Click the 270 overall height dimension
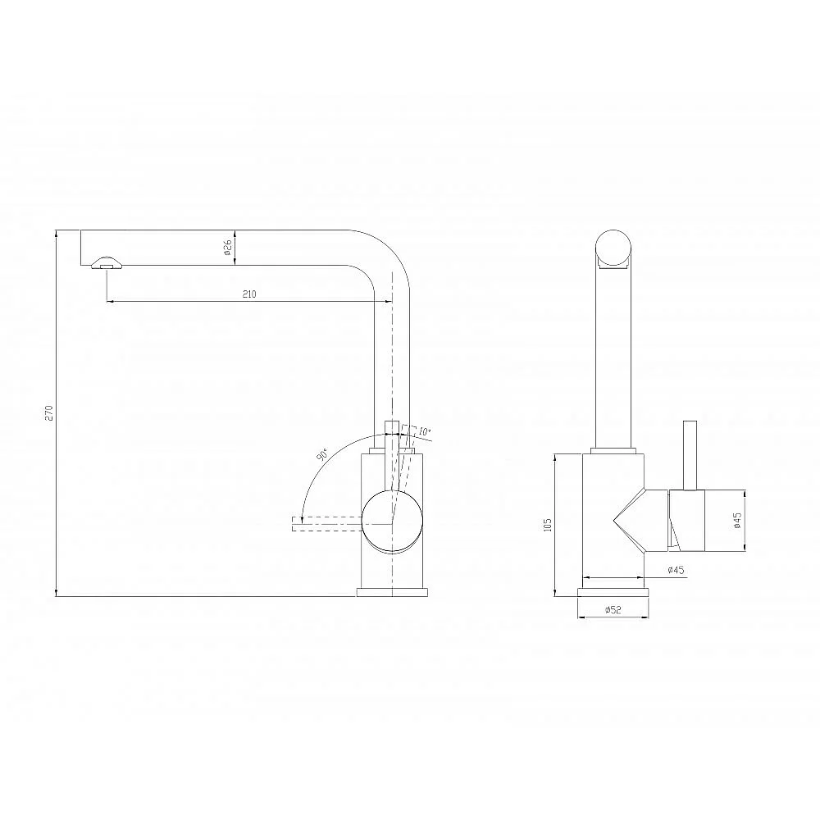(x=49, y=412)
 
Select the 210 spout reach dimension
(x=249, y=294)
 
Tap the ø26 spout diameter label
(x=227, y=247)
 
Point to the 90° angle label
(x=321, y=454)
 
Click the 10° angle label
(x=424, y=432)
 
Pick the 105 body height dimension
(x=548, y=525)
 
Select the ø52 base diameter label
(x=613, y=609)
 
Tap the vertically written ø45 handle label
(x=737, y=520)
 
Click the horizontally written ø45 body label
(x=676, y=570)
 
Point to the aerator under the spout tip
(x=107, y=262)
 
